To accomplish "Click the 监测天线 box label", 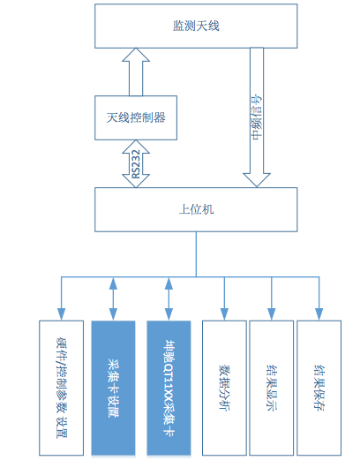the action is coord(196,26).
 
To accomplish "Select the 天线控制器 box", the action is coord(136,117).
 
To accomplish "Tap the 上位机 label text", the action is coord(196,209).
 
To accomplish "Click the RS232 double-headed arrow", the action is coord(136,164).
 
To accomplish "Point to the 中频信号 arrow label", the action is coord(257,117).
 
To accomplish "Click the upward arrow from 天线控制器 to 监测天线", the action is coord(136,72).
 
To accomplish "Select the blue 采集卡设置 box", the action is coord(113,388).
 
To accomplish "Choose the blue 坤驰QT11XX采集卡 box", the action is coord(169,388).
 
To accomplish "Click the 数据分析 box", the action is coord(224,388).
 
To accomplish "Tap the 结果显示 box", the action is coord(272,388).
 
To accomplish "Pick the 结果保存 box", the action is coord(319,388).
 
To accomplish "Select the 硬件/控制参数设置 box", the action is coord(61,388).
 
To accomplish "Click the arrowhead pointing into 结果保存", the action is coord(319,314).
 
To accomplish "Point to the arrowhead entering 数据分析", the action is coord(224,314).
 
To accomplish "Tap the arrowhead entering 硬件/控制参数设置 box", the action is coord(61,314).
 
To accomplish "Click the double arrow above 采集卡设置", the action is coord(113,298).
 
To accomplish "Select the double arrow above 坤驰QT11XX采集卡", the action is coord(169,298).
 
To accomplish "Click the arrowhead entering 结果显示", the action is coord(272,314).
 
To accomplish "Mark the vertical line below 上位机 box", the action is coord(196,254).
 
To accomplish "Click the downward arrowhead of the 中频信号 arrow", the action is coord(257,179).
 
